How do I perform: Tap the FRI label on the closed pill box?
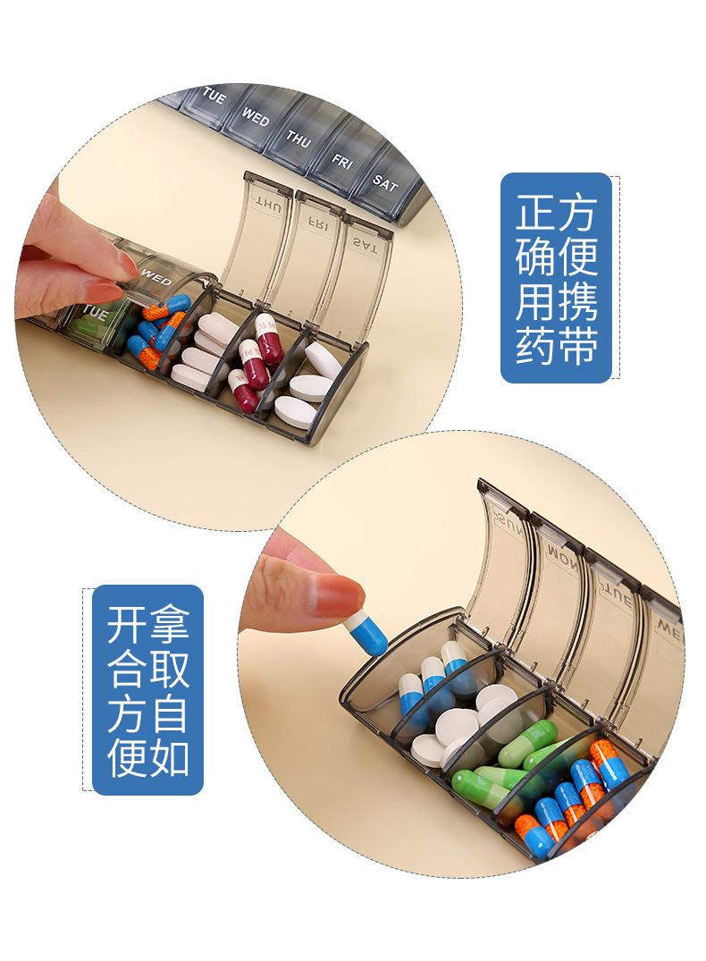coord(342,162)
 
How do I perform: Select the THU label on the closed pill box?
coord(298,139)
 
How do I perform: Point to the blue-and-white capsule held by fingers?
coord(367,631)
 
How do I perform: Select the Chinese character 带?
coord(576,345)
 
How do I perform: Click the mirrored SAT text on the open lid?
coord(365,242)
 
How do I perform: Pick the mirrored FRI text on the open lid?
coord(316,220)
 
